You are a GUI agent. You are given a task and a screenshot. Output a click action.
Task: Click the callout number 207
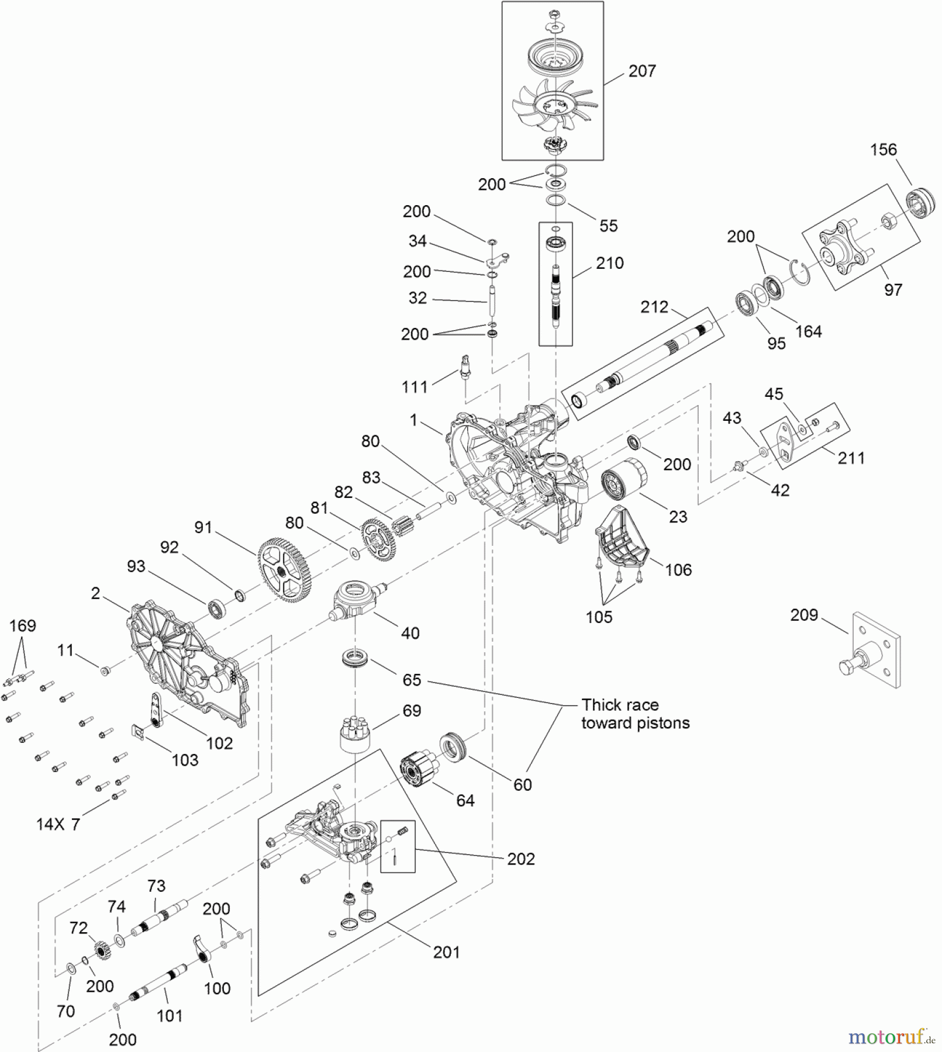641,71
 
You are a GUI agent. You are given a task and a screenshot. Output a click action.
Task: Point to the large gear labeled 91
284,570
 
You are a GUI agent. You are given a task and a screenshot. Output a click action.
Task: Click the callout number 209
803,615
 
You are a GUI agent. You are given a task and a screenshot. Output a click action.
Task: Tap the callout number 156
883,150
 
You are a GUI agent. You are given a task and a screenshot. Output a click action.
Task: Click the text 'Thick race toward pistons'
635,714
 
